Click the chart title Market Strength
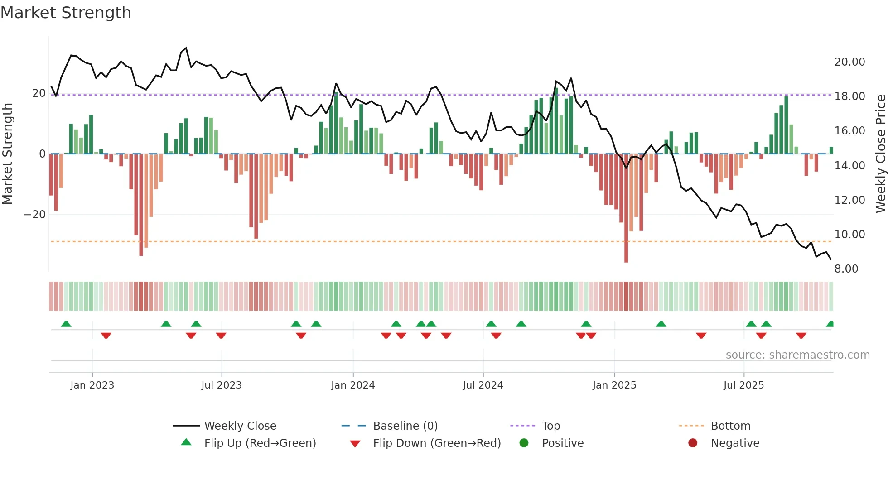click(66, 13)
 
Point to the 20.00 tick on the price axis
click(849, 62)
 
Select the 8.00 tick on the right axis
click(846, 269)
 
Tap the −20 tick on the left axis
click(35, 215)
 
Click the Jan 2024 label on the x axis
click(353, 385)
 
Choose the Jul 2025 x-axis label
click(743, 385)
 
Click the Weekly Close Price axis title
click(880, 154)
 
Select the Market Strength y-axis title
click(8, 154)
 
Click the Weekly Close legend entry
click(240, 426)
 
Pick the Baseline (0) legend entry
click(405, 426)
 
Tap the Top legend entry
click(550, 426)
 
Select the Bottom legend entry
click(730, 426)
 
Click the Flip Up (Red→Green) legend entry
click(260, 443)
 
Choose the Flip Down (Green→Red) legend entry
click(437, 443)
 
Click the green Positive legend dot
click(524, 443)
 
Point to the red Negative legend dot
click(693, 443)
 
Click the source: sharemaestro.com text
click(797, 355)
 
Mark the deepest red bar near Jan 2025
click(626, 208)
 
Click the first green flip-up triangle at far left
click(66, 324)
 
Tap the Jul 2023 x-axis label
click(222, 385)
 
